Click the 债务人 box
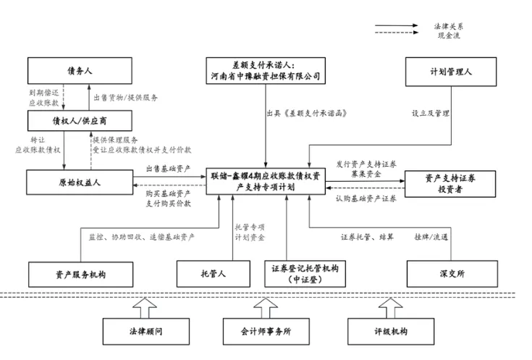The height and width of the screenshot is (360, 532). (x=79, y=71)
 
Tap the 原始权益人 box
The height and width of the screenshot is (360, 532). (x=79, y=182)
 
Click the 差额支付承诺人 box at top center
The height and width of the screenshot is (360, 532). (x=263, y=71)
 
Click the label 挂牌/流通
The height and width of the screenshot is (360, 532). (x=431, y=236)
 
